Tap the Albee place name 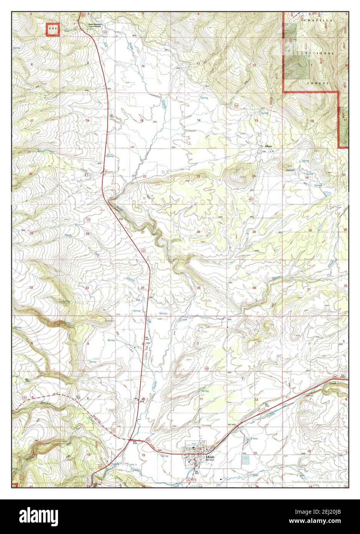click(x=268, y=146)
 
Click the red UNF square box click(x=53, y=29)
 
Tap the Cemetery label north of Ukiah click(x=207, y=426)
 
